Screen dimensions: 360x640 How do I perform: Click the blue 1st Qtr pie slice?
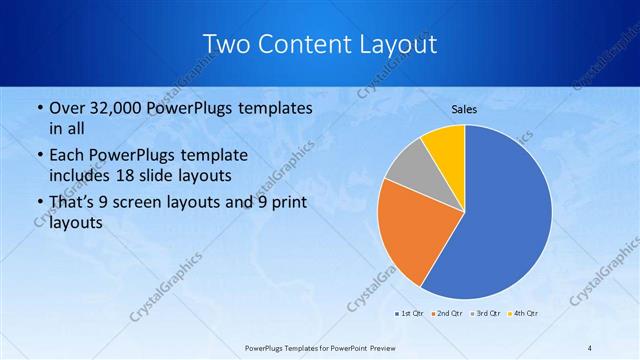(505, 215)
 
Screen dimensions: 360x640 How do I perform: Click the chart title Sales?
(464, 109)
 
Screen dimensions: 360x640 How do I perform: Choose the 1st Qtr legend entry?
(408, 314)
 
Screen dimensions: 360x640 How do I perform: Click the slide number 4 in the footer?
(590, 347)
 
